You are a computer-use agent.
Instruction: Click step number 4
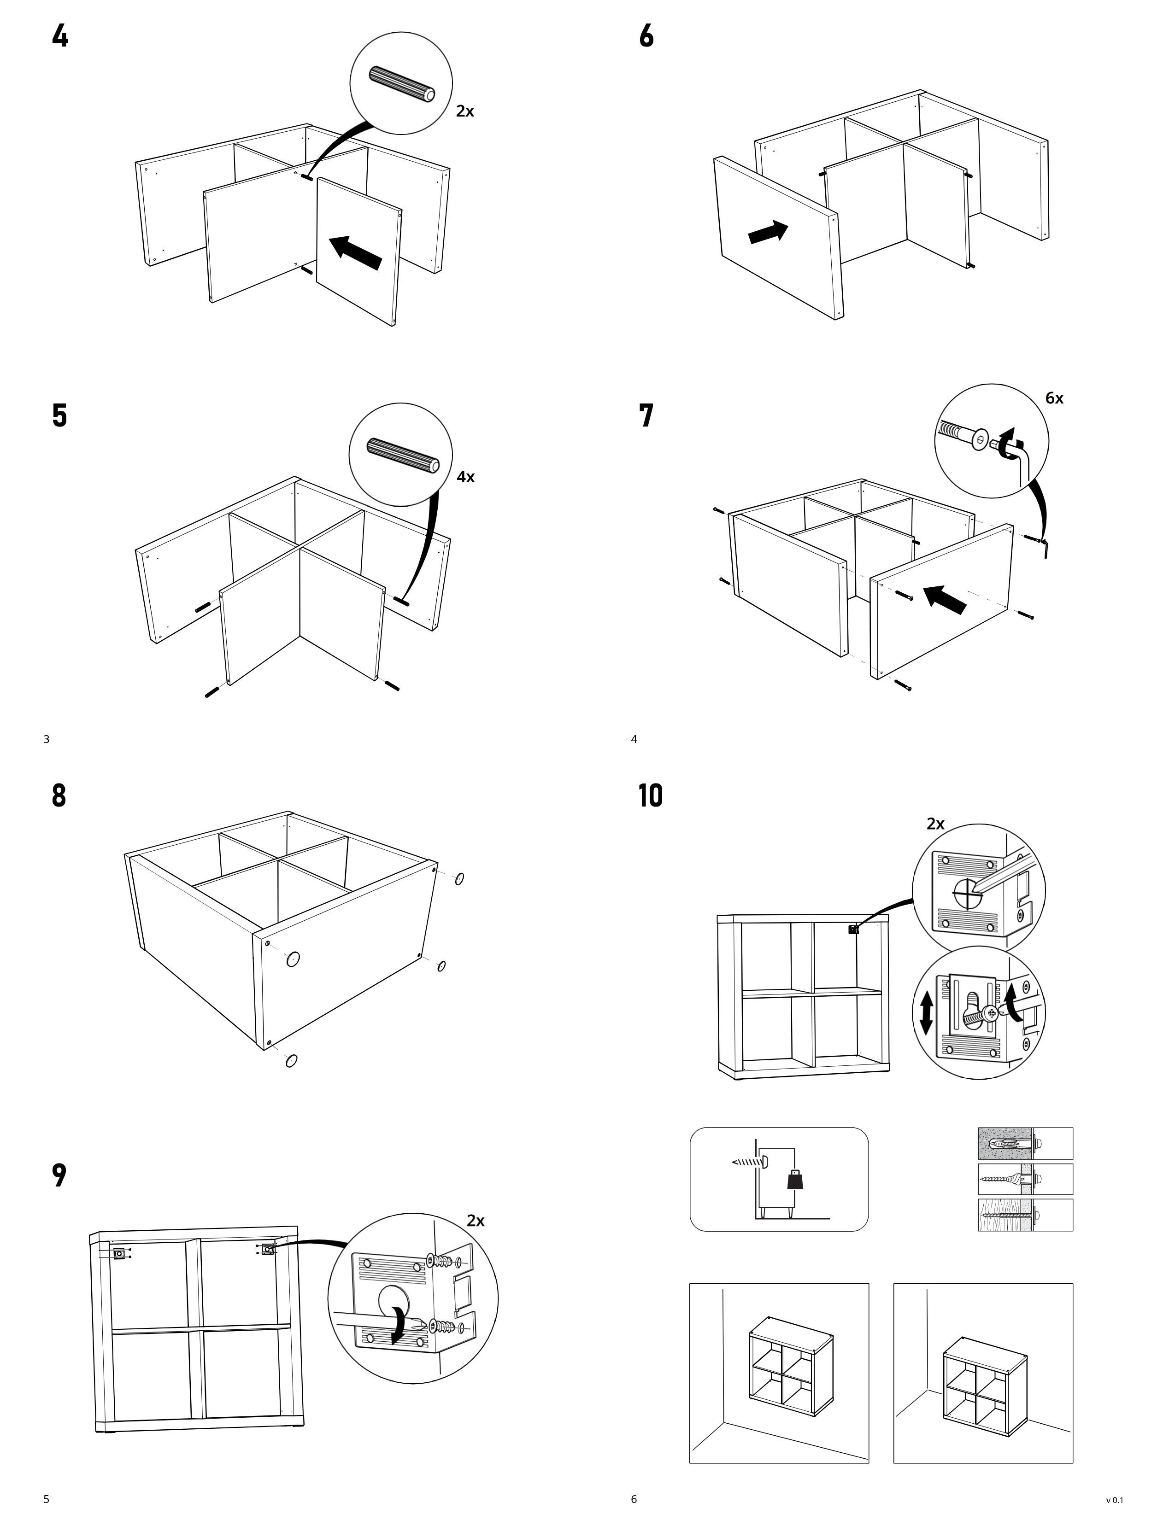pyautogui.click(x=60, y=36)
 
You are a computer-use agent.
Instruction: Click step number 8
pyautogui.click(x=59, y=795)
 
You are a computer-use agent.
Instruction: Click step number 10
pyautogui.click(x=651, y=795)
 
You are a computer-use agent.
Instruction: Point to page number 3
pyautogui.click(x=47, y=739)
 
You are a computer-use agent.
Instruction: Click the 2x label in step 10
pyautogui.click(x=935, y=824)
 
